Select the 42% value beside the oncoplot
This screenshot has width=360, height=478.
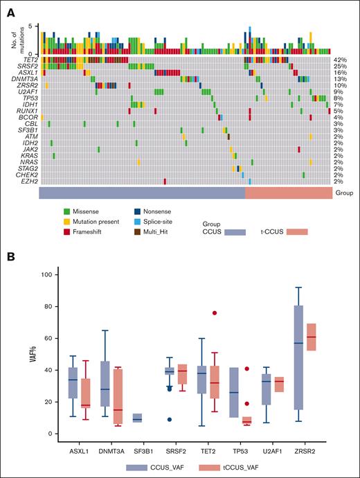click(x=339, y=60)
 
